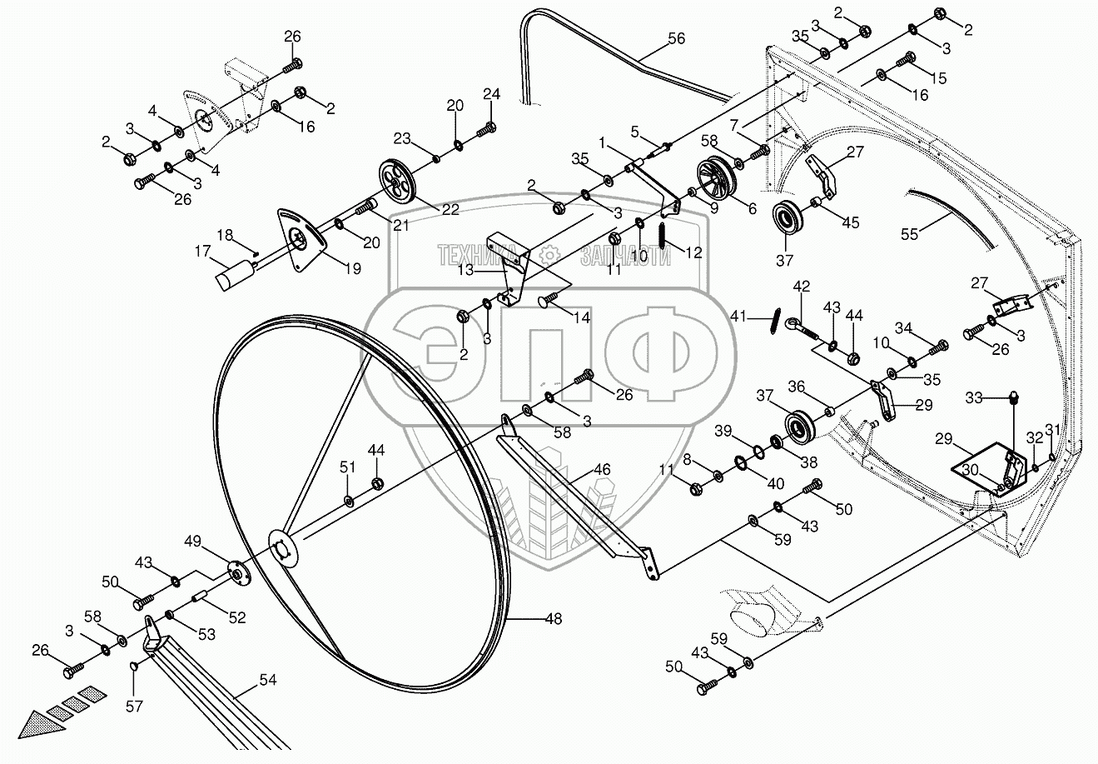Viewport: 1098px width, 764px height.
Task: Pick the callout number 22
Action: point(450,210)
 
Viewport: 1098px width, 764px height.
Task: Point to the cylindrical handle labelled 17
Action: point(236,275)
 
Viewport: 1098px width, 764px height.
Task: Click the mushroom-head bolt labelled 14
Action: point(547,297)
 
